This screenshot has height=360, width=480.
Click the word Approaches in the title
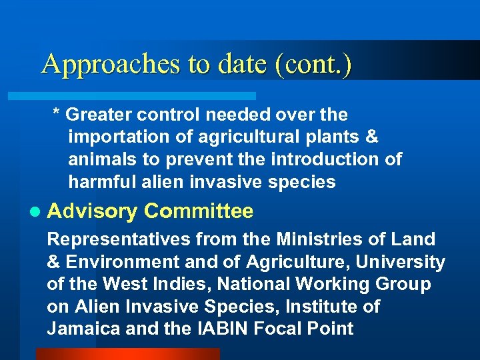click(111, 65)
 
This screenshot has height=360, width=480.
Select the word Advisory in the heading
click(92, 212)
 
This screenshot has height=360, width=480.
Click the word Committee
click(199, 211)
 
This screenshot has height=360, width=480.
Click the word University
click(407, 262)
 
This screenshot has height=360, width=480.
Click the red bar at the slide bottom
click(127, 354)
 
